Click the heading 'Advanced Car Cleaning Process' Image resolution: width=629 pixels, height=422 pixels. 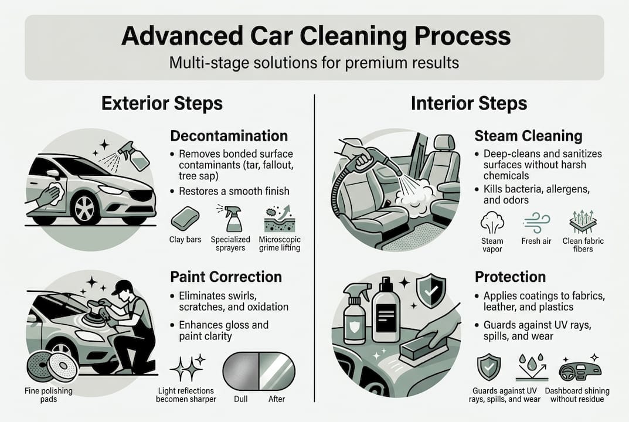tap(315, 36)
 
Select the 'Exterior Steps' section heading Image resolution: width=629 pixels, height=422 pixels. tap(162, 104)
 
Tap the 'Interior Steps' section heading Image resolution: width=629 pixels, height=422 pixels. tap(469, 104)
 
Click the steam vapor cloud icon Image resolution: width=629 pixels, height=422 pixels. tap(492, 223)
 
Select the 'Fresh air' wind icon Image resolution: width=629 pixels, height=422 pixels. tap(535, 223)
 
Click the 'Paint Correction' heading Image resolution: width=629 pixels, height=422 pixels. tap(226, 277)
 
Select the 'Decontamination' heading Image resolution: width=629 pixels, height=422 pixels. tap(229, 136)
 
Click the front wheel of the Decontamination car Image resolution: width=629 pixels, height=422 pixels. tap(85, 207)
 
